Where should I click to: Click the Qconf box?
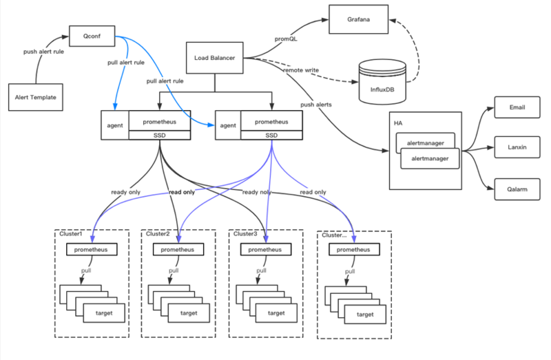click(x=92, y=36)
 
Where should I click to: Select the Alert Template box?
click(x=36, y=97)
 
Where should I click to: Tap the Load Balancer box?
click(x=214, y=58)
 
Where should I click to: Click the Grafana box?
click(x=358, y=19)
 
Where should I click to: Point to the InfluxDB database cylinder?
click(x=382, y=82)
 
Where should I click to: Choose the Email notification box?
click(x=517, y=107)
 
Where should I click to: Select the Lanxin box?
click(x=517, y=147)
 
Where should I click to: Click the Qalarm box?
click(x=517, y=189)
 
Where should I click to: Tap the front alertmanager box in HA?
click(x=430, y=159)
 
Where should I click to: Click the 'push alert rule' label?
click(x=43, y=52)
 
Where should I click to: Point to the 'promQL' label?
click(x=286, y=39)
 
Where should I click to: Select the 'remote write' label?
click(x=301, y=70)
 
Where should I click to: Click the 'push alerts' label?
click(x=316, y=105)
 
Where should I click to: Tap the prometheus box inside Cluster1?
click(x=92, y=250)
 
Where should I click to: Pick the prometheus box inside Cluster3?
click(x=266, y=250)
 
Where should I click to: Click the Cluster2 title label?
click(x=158, y=234)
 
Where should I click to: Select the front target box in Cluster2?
click(x=189, y=313)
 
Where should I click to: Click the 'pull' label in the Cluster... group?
click(x=350, y=271)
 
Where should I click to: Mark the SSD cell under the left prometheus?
click(x=160, y=135)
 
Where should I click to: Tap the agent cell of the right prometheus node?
click(x=228, y=125)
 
